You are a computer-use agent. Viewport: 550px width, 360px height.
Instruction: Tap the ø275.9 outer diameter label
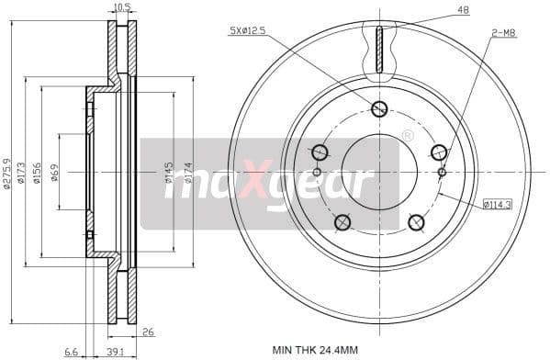tap(8, 172)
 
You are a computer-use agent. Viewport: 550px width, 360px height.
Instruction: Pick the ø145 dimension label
tap(169, 172)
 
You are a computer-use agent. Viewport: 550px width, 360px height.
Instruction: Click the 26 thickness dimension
tap(148, 332)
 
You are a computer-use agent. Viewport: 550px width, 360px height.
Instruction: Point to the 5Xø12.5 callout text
tap(247, 32)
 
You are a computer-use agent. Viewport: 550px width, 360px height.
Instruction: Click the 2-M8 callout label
tap(502, 32)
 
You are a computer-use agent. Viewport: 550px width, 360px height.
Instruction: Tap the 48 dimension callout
tap(462, 11)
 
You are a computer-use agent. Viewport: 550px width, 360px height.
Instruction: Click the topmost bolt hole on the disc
tap(379, 109)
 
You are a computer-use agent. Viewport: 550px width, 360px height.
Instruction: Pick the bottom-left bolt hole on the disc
tap(342, 221)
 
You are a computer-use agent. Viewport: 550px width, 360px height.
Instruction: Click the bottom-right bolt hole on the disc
tap(415, 221)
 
